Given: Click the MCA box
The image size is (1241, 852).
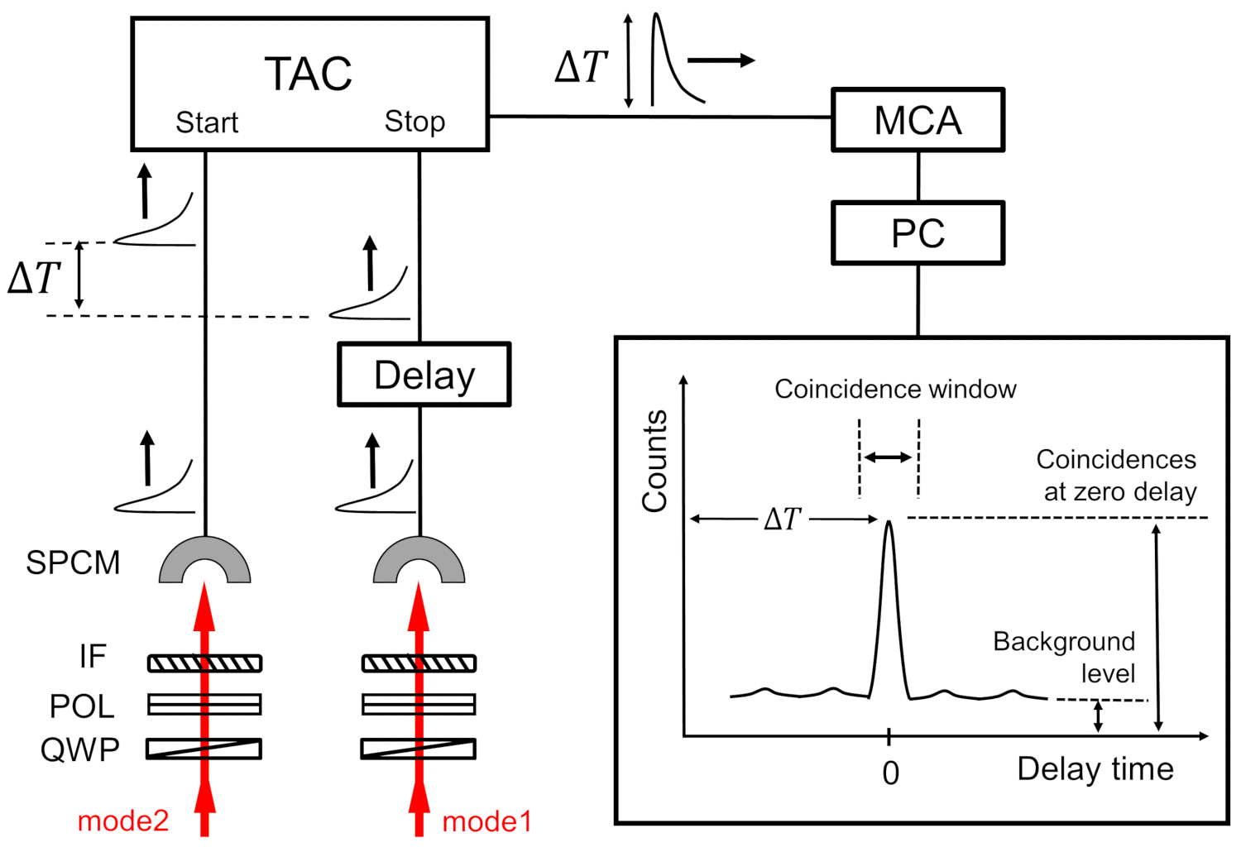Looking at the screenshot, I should click(918, 120).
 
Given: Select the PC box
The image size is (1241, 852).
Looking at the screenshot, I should click(918, 233).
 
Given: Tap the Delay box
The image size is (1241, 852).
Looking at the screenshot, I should click(424, 375).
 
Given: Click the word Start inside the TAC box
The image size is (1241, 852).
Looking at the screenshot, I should click(207, 122).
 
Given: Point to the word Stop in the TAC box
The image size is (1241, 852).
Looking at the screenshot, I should click(414, 122).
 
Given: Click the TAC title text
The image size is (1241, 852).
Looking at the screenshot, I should click(309, 74).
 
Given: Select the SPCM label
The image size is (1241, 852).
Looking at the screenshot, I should click(73, 562).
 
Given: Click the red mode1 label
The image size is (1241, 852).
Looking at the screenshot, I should click(486, 821).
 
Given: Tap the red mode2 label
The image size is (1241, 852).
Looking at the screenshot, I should click(123, 821).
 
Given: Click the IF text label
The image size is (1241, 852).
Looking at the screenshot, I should click(93, 656).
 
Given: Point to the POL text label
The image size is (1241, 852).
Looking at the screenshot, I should click(82, 706).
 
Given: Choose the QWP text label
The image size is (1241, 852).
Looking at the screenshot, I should click(80, 749).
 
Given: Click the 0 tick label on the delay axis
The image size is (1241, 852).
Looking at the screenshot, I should click(890, 773).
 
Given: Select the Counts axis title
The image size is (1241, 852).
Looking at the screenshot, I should click(654, 461).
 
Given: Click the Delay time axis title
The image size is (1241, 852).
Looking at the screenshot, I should click(1095, 768).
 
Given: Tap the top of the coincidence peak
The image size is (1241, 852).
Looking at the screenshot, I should click(889, 523).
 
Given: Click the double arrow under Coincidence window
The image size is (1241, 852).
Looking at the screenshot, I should click(889, 457).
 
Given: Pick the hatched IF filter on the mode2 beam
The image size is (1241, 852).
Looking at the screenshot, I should click(204, 663).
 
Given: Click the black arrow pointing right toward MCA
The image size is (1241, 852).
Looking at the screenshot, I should click(721, 60).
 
